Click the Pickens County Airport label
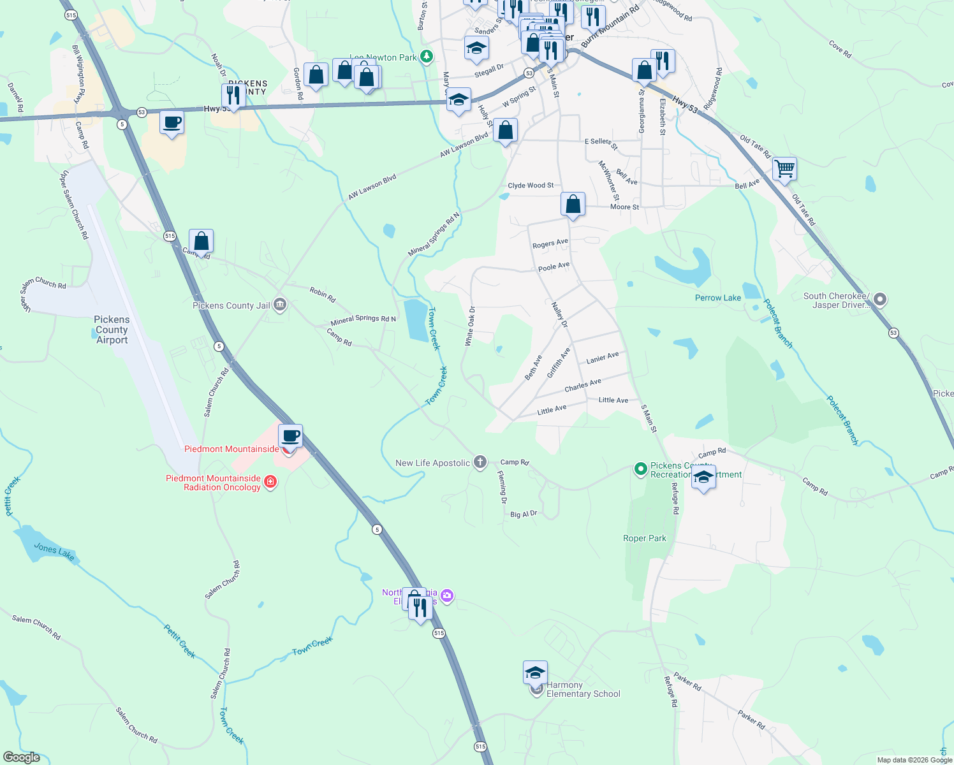(x=112, y=330)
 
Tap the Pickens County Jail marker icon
(x=279, y=305)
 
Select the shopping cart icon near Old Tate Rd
(x=784, y=169)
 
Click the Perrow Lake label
(x=717, y=298)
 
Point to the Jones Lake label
(x=54, y=552)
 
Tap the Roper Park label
(x=644, y=538)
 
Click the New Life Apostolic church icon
(x=480, y=462)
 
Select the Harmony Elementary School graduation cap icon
(x=535, y=673)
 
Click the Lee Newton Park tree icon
(x=427, y=57)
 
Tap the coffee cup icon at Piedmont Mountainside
(x=290, y=437)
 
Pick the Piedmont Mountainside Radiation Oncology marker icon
(x=270, y=481)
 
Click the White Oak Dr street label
(x=470, y=326)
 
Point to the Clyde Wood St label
(x=531, y=186)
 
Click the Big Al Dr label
(x=524, y=514)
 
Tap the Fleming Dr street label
(x=503, y=487)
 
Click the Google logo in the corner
(x=21, y=757)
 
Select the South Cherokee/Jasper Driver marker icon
(x=880, y=299)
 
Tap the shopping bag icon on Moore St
(x=573, y=205)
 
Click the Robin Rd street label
(x=322, y=295)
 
